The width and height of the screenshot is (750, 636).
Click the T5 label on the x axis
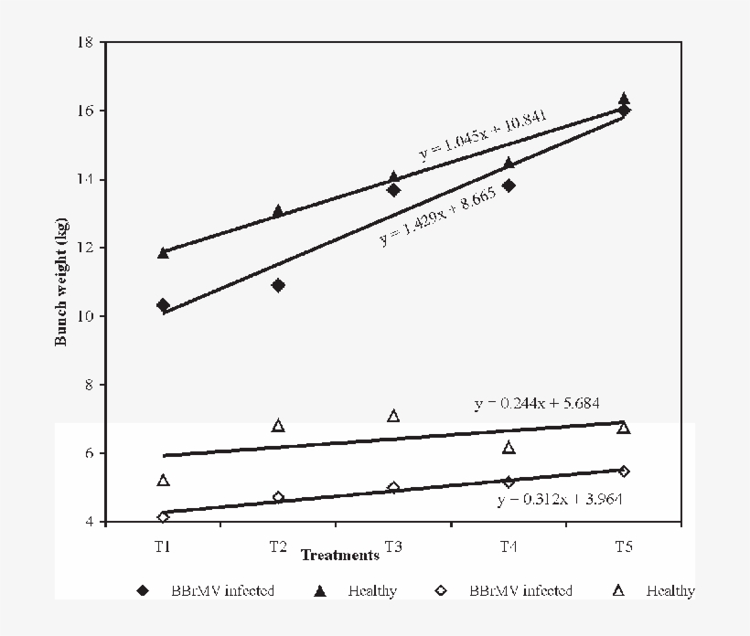point(624,546)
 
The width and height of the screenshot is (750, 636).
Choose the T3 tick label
point(393,546)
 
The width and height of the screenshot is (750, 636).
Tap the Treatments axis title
point(339,555)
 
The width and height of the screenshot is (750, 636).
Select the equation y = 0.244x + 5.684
point(536,402)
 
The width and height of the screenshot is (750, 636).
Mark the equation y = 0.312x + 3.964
point(561,500)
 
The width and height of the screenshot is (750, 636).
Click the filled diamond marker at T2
point(278,285)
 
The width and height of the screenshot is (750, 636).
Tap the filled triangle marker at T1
point(163,252)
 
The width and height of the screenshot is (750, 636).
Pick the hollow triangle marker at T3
point(393,416)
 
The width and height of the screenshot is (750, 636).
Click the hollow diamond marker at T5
point(624,472)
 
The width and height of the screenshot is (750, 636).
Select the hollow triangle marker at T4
point(509,447)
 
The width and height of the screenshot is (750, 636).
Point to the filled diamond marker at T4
point(509,185)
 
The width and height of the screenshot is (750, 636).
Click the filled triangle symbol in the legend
point(320,591)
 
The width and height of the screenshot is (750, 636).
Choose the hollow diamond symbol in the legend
point(441,591)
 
